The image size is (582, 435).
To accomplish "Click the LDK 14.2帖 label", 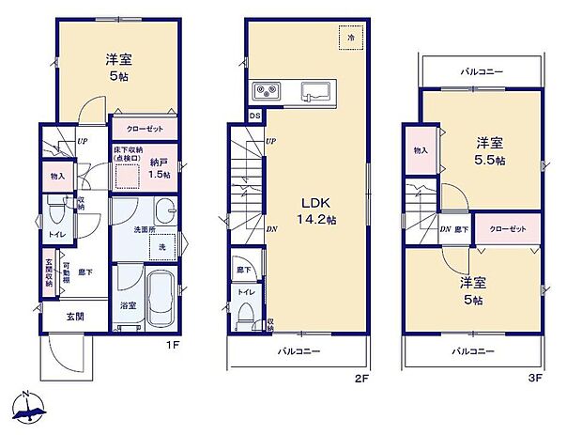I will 317,210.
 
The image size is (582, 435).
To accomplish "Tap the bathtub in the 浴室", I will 163,299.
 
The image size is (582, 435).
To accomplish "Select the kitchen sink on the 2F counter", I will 314,91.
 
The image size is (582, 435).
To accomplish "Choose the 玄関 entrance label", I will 74,317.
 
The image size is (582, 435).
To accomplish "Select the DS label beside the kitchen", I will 255,116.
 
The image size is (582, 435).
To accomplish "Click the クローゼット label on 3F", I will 505,229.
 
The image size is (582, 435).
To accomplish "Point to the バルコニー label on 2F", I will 299,352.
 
